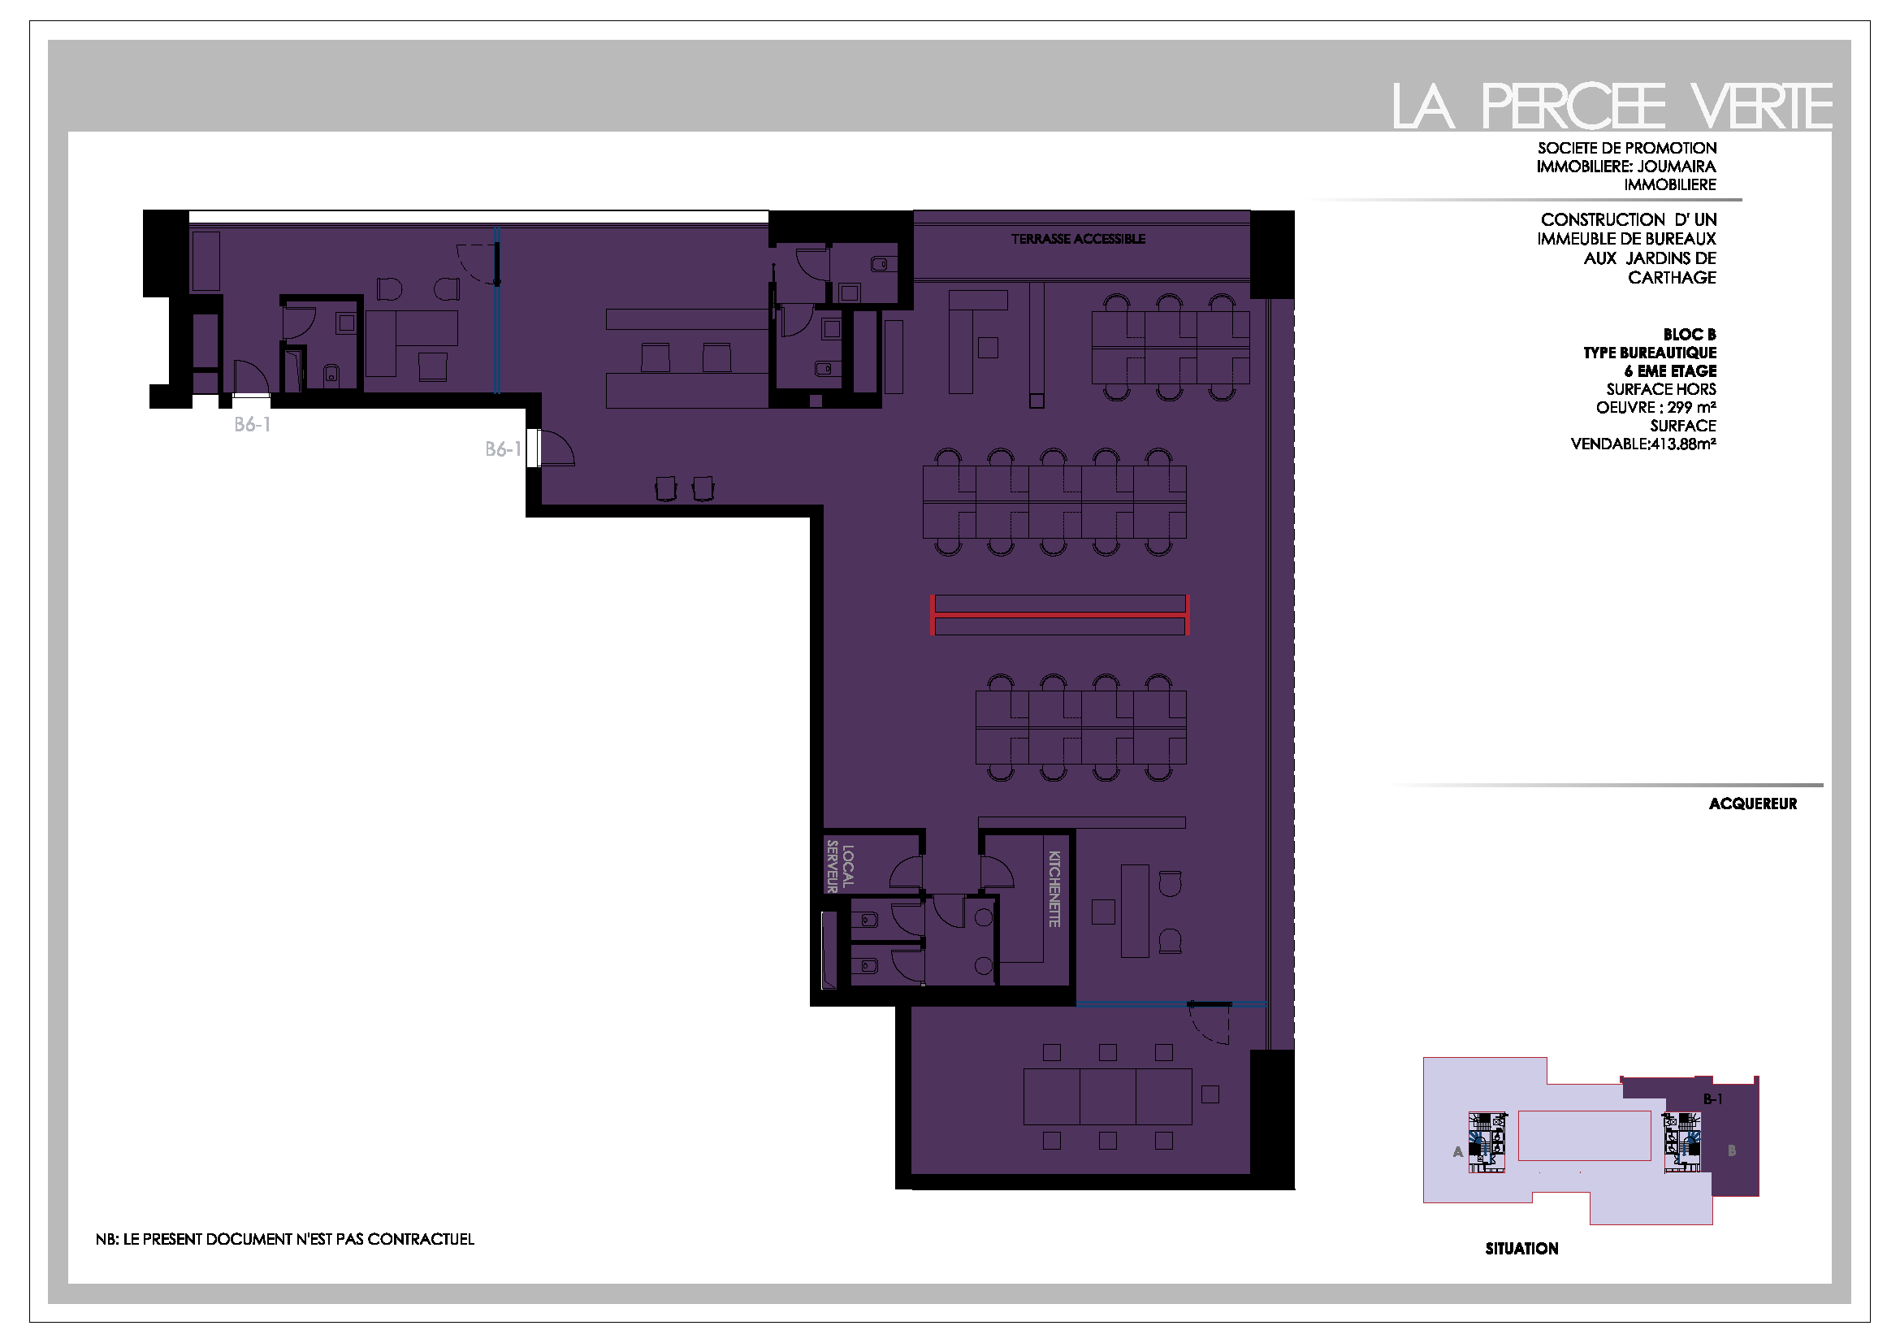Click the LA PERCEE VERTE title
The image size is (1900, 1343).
(1611, 106)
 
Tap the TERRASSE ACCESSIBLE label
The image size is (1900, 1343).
(1077, 239)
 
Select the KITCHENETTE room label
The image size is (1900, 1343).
(1054, 889)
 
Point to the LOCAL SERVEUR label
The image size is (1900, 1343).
(839, 866)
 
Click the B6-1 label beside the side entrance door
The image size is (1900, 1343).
(503, 449)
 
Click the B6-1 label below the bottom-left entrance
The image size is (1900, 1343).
(253, 424)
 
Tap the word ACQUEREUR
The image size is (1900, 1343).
(1753, 804)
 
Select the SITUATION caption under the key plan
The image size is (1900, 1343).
(1521, 1249)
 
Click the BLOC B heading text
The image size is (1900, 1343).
(1690, 334)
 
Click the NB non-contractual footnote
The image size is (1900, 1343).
(284, 1239)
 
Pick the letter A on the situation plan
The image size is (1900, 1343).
(1458, 1151)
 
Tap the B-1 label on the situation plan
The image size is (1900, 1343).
(1713, 1099)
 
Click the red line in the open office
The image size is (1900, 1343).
(1060, 615)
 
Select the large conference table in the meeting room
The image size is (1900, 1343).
(1107, 1096)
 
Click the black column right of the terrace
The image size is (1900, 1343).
(1272, 254)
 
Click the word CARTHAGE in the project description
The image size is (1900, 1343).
(1672, 278)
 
